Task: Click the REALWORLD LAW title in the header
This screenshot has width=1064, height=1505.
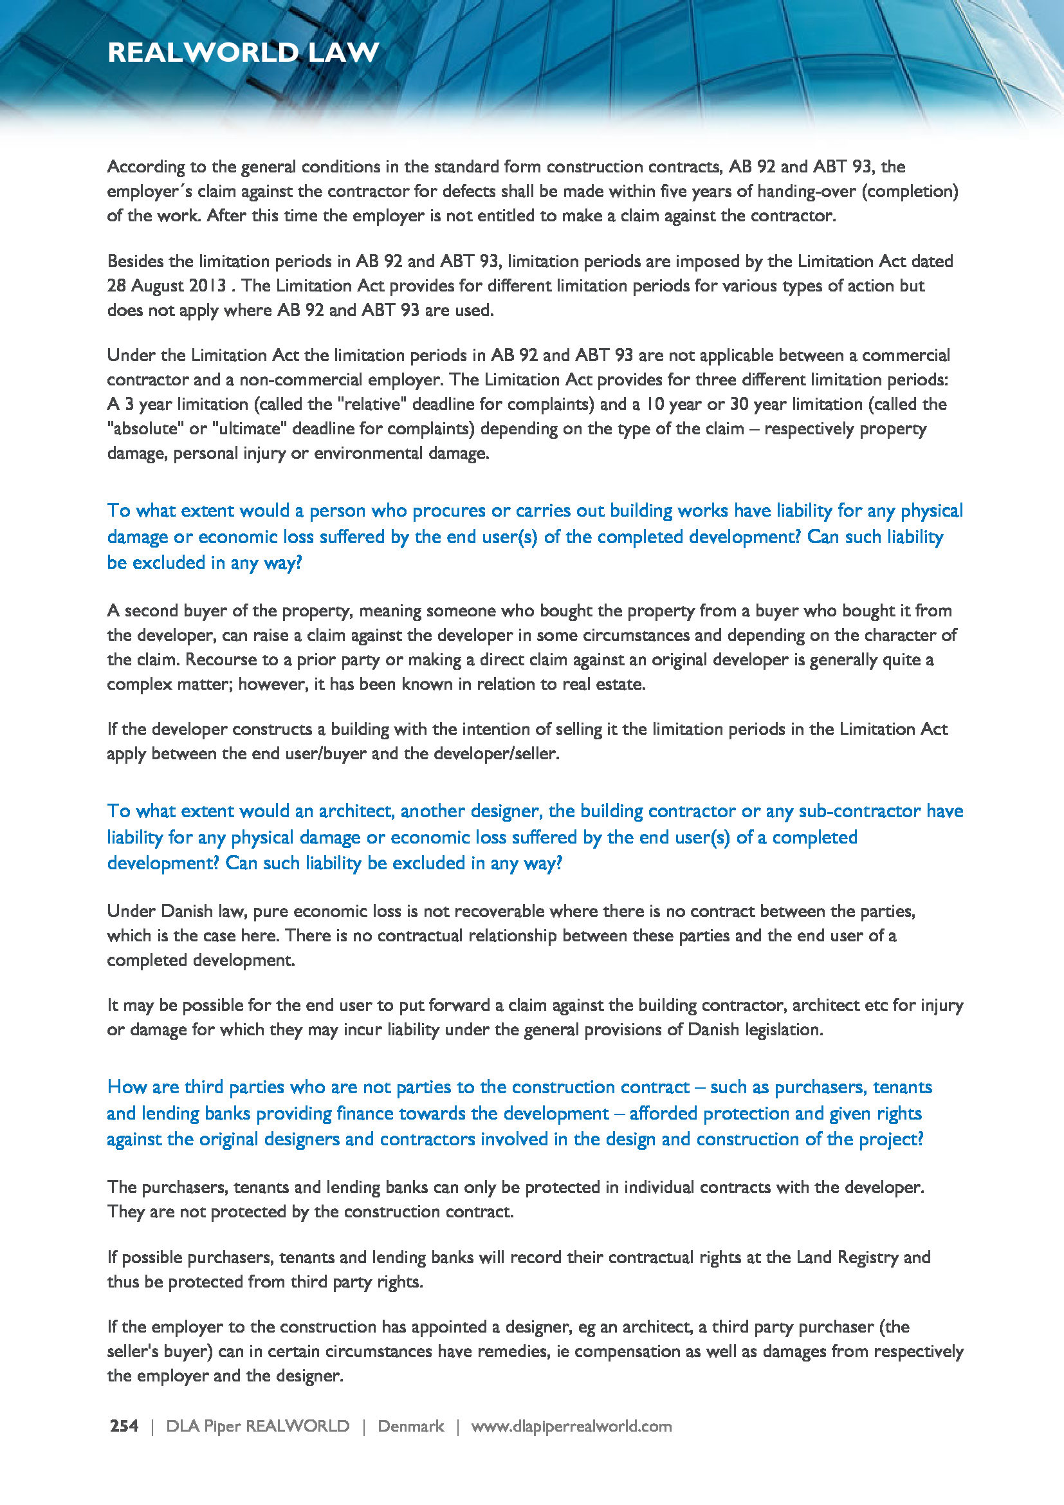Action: pyautogui.click(x=243, y=52)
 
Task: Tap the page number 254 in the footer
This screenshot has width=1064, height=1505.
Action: pyautogui.click(x=124, y=1426)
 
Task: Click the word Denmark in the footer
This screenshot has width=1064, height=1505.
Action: pyautogui.click(x=411, y=1426)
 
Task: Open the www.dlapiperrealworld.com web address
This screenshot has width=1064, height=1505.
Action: pyautogui.click(x=571, y=1426)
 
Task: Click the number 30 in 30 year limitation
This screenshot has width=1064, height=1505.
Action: pyautogui.click(x=739, y=405)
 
